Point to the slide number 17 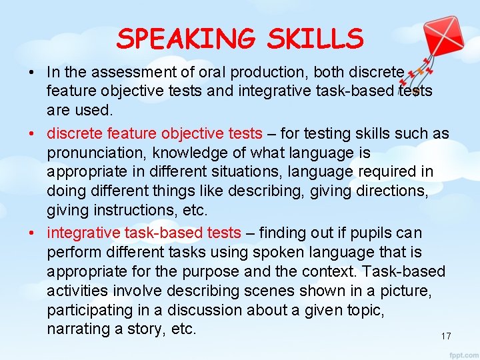446,336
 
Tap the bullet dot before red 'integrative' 33,233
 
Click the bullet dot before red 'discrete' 33,133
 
